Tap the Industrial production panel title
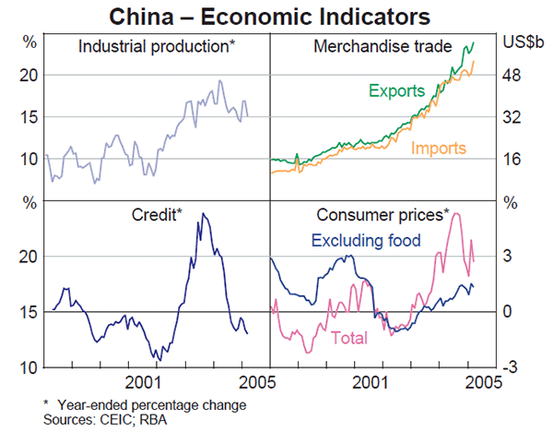point(157,45)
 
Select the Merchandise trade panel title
point(382,45)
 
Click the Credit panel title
point(156,215)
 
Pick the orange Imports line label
point(439,148)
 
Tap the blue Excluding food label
point(366,241)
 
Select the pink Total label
point(348,338)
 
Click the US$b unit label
point(524,42)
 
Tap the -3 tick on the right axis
point(512,367)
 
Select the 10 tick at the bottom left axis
point(29,367)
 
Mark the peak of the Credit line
point(204,214)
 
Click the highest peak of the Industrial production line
point(219,80)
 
